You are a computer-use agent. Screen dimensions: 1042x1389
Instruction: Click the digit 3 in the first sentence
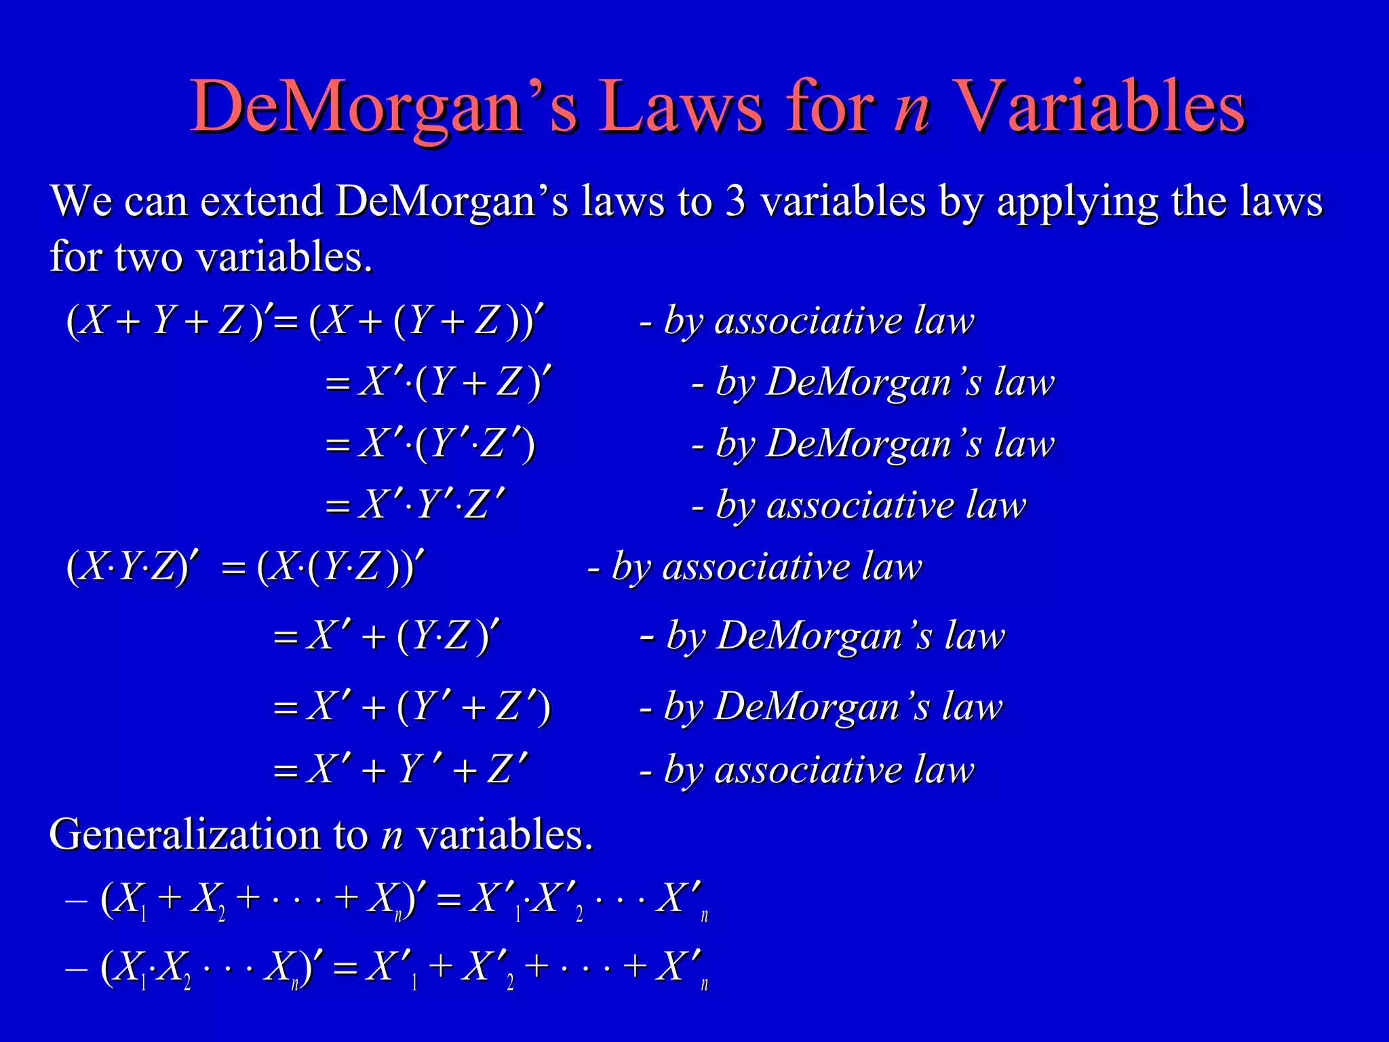[735, 201]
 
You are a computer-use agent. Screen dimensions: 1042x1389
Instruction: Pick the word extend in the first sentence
[262, 201]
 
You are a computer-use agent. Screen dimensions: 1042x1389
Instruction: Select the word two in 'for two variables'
[149, 258]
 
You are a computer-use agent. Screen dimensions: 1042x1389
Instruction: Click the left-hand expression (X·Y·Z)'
[133, 566]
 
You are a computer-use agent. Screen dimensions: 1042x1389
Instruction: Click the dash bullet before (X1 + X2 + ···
[76, 901]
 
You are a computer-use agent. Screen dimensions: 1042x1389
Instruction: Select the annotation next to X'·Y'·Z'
[859, 506]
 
